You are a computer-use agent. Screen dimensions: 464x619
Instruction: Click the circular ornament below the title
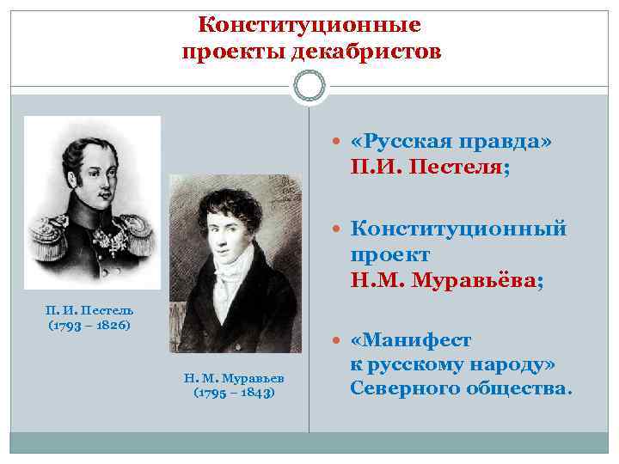tap(309, 87)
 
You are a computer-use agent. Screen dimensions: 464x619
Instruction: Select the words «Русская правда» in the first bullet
tap(439, 142)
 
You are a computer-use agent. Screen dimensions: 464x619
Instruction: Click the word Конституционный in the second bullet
tap(458, 230)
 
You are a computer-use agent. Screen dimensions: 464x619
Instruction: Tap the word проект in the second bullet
tap(389, 255)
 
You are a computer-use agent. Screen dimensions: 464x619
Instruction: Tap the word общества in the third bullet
tap(516, 389)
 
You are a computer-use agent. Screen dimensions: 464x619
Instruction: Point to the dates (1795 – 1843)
tap(234, 394)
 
